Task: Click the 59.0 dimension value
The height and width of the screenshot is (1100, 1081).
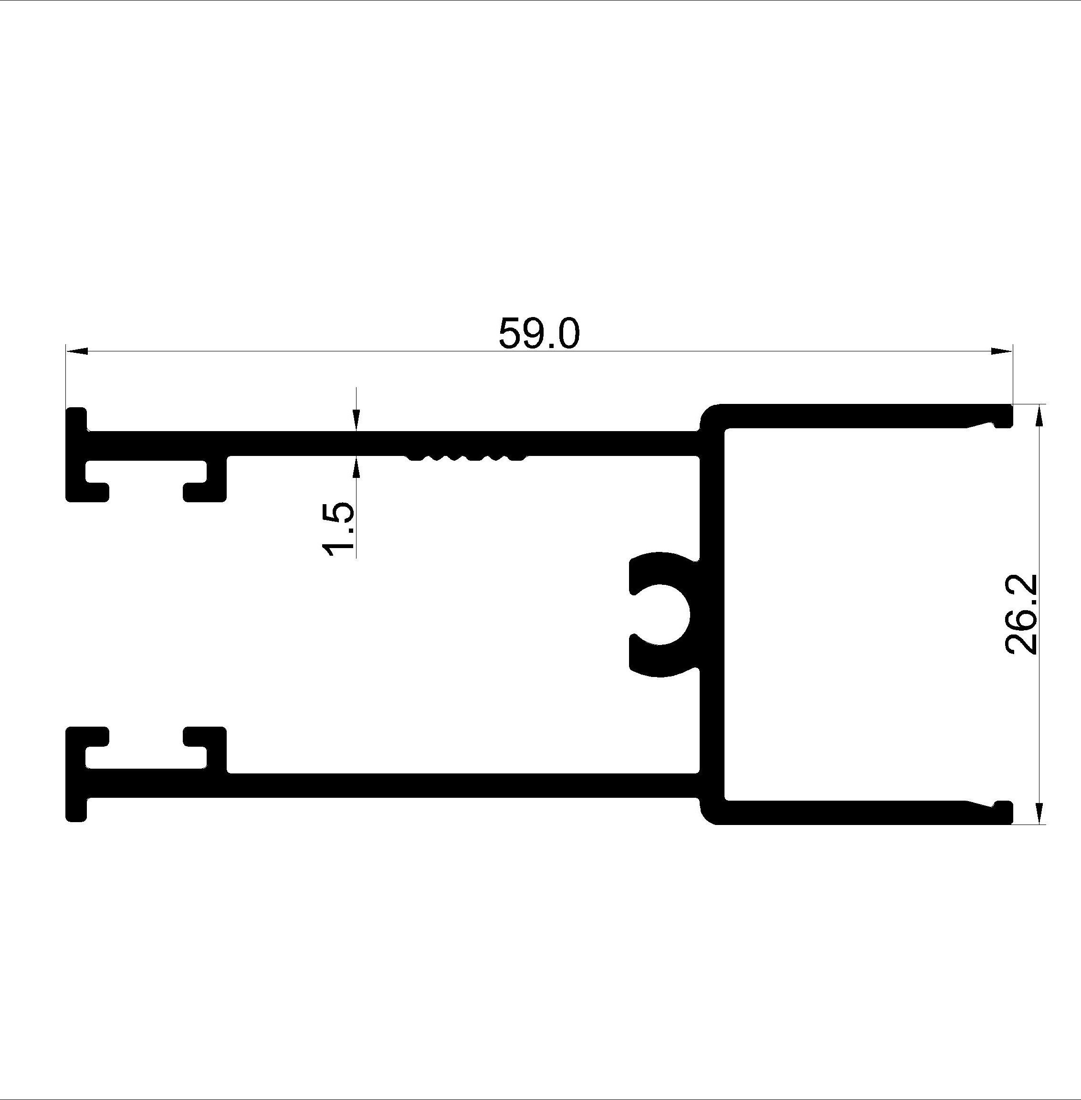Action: click(539, 333)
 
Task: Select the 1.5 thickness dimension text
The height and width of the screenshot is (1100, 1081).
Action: click(338, 529)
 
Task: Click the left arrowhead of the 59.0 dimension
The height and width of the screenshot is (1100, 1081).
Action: click(77, 351)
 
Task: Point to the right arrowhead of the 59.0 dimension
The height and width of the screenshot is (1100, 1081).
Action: click(1001, 351)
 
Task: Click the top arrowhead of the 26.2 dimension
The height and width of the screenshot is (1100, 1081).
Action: click(1039, 415)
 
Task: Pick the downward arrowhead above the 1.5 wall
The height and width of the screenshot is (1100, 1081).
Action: click(356, 420)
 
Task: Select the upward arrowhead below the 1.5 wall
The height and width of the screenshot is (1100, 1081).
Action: click(356, 467)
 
